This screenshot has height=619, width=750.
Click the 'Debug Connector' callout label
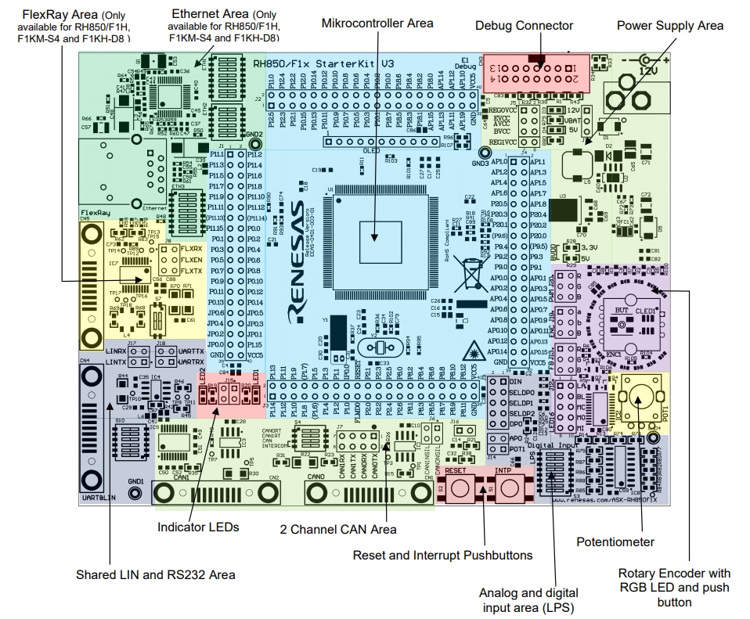pos(524,26)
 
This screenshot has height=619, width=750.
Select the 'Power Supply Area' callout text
pos(670,26)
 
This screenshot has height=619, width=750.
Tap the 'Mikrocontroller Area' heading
pos(377,23)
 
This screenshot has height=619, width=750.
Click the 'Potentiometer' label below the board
pos(615,542)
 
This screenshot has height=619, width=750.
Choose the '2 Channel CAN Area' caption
pos(338,529)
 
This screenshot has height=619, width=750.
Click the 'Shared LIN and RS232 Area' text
pos(156,574)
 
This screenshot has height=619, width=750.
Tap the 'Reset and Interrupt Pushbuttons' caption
pos(442,555)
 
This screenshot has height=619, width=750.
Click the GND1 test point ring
pos(135,493)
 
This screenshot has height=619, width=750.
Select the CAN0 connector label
pos(316,477)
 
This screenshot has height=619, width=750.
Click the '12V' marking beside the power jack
pos(649,70)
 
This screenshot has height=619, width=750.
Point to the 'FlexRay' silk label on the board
pos(92,212)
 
